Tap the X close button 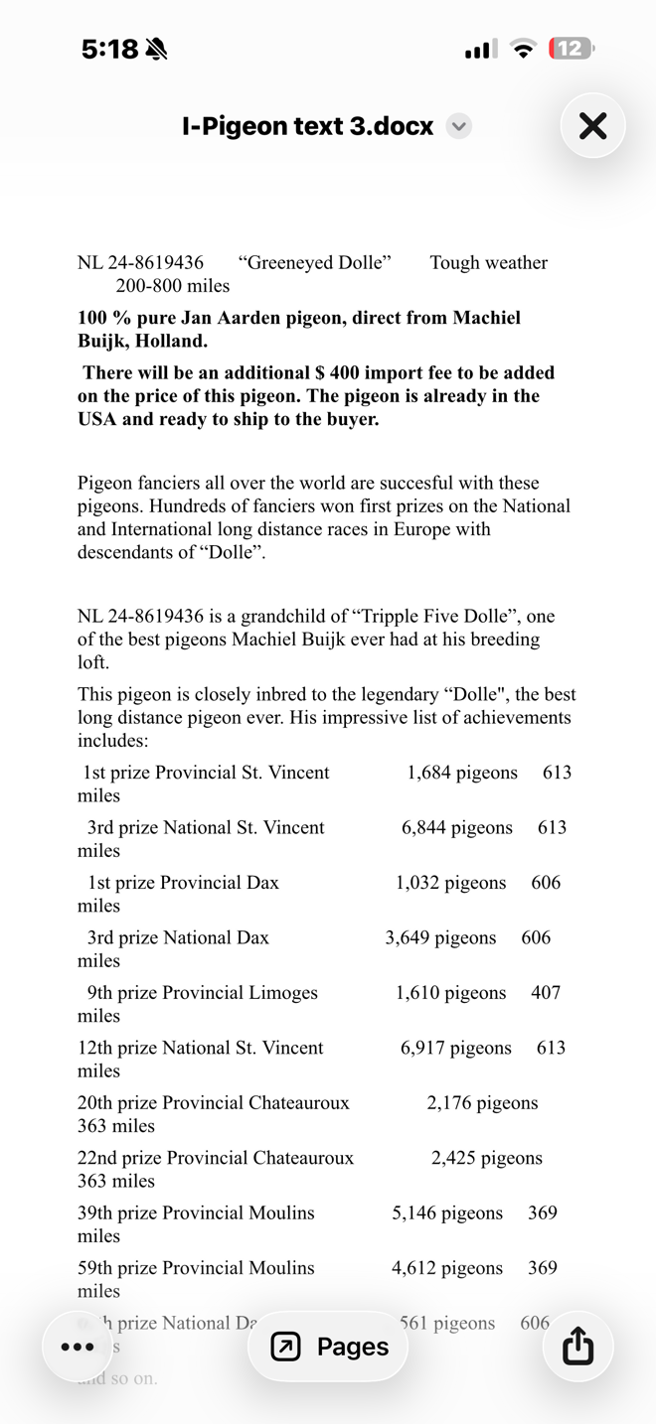point(592,126)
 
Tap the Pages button point(329,1347)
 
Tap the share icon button point(577,1347)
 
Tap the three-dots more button point(78,1347)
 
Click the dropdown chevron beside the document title point(458,126)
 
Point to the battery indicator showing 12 point(571,49)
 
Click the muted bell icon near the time point(156,49)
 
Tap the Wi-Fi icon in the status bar point(523,49)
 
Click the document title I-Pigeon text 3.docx point(307,126)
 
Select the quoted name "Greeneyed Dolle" point(314,263)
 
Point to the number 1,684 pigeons point(462,773)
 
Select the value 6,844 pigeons point(457,828)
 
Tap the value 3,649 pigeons point(440,938)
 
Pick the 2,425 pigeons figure point(487,1158)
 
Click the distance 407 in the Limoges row point(546,993)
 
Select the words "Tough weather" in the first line point(488,263)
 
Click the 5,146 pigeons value point(447,1213)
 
